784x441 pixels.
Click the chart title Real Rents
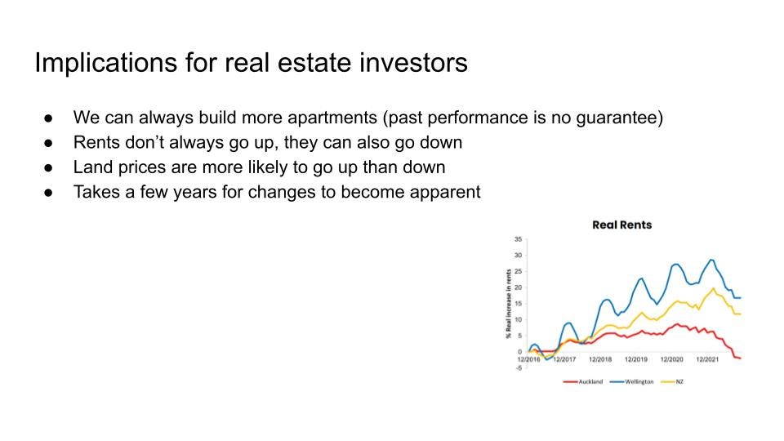pos(622,225)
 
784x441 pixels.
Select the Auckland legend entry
pos(583,381)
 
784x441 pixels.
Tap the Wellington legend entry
pos(632,381)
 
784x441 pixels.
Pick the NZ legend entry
pos(672,381)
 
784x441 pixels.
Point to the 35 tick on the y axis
pos(518,239)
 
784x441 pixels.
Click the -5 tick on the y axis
pos(519,368)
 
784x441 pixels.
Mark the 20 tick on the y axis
pos(518,287)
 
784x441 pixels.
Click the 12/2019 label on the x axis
pos(636,359)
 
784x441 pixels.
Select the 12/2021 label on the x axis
pos(707,359)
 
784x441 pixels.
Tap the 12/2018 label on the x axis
pos(600,359)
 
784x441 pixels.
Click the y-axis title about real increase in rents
pos(509,304)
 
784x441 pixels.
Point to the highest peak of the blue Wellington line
pos(711,260)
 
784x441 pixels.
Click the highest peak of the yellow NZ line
pos(714,288)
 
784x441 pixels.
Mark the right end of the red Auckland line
pos(741,358)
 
